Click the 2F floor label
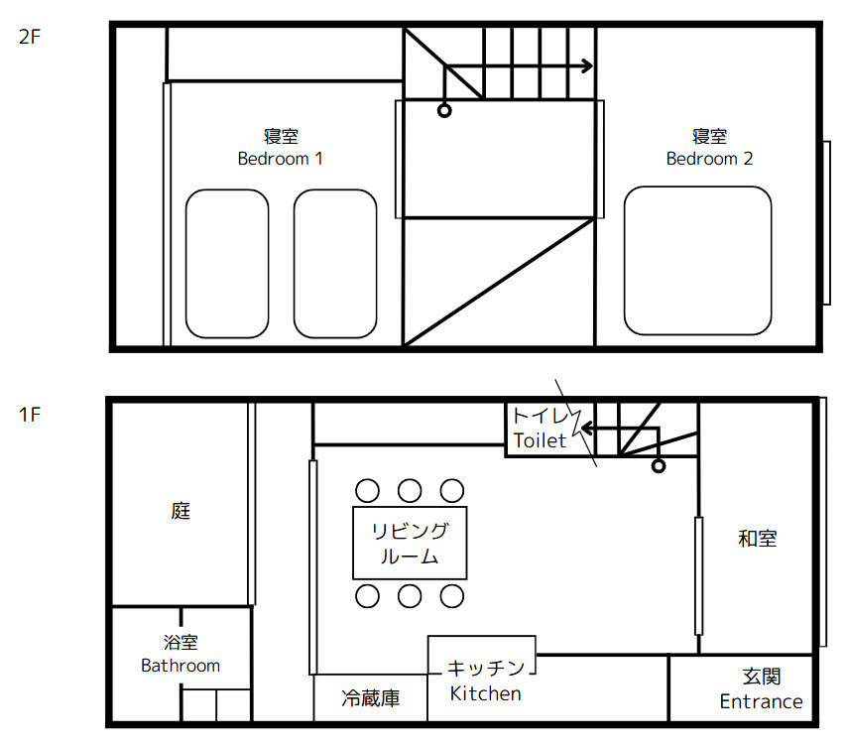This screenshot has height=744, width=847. [x=30, y=39]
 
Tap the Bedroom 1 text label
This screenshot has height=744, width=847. [x=280, y=159]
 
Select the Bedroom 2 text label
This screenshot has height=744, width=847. [x=709, y=159]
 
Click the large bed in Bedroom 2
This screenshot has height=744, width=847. [x=697, y=260]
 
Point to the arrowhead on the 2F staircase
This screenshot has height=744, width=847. [x=587, y=66]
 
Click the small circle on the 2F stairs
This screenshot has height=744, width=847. [x=444, y=111]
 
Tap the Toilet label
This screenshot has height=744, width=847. [x=540, y=440]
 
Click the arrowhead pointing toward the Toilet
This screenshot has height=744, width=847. [x=584, y=429]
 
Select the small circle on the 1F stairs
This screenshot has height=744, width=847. [x=658, y=465]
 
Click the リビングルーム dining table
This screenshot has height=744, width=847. [x=410, y=543]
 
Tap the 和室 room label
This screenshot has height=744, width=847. [x=757, y=539]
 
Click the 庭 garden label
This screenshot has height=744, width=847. [x=180, y=511]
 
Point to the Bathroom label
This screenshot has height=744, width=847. [x=181, y=666]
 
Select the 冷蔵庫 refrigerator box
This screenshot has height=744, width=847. [x=370, y=698]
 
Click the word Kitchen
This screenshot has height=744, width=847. [x=485, y=693]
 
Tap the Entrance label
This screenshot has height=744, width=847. [x=761, y=701]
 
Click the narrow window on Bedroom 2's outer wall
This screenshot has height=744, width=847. [x=826, y=223]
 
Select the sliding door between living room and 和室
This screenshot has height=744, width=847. [x=698, y=575]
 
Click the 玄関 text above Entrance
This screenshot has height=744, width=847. [x=761, y=677]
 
